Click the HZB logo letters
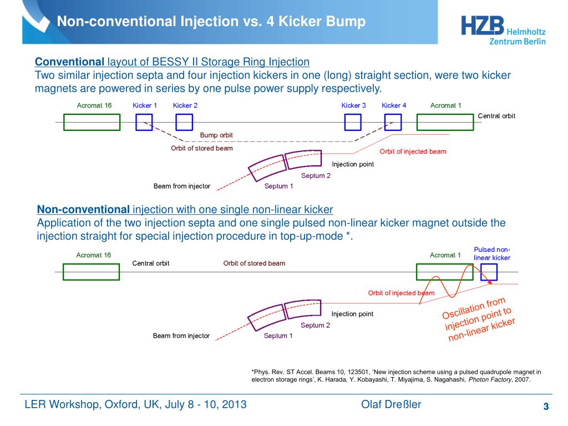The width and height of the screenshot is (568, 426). tap(482, 26)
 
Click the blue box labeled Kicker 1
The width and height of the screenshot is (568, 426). tap(144, 122)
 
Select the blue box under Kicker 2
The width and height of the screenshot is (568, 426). tap(184, 122)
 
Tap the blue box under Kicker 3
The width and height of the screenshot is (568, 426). tap(353, 122)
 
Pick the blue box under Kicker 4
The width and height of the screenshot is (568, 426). tap(393, 122)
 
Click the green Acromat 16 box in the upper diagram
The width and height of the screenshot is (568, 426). tap(92, 122)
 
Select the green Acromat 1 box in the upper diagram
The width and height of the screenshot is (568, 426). tap(445, 122)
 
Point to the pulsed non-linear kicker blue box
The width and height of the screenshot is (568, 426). tap(489, 272)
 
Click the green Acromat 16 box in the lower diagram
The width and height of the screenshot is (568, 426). tap(92, 272)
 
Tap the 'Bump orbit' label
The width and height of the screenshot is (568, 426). tap(216, 135)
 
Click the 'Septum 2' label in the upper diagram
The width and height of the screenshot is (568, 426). tap(316, 176)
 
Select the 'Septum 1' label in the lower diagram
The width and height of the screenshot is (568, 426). tap(278, 336)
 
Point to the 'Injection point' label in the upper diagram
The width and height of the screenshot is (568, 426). tap(353, 164)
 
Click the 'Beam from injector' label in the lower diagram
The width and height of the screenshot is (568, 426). tap(181, 336)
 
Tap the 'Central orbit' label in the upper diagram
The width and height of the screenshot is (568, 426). tap(496, 116)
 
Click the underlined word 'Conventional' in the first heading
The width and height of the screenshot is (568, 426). tap(70, 61)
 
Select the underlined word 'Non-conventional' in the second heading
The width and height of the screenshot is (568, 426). tap(83, 210)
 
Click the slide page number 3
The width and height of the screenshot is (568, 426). tap(546, 407)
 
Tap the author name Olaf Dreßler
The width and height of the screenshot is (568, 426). tap(391, 404)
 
